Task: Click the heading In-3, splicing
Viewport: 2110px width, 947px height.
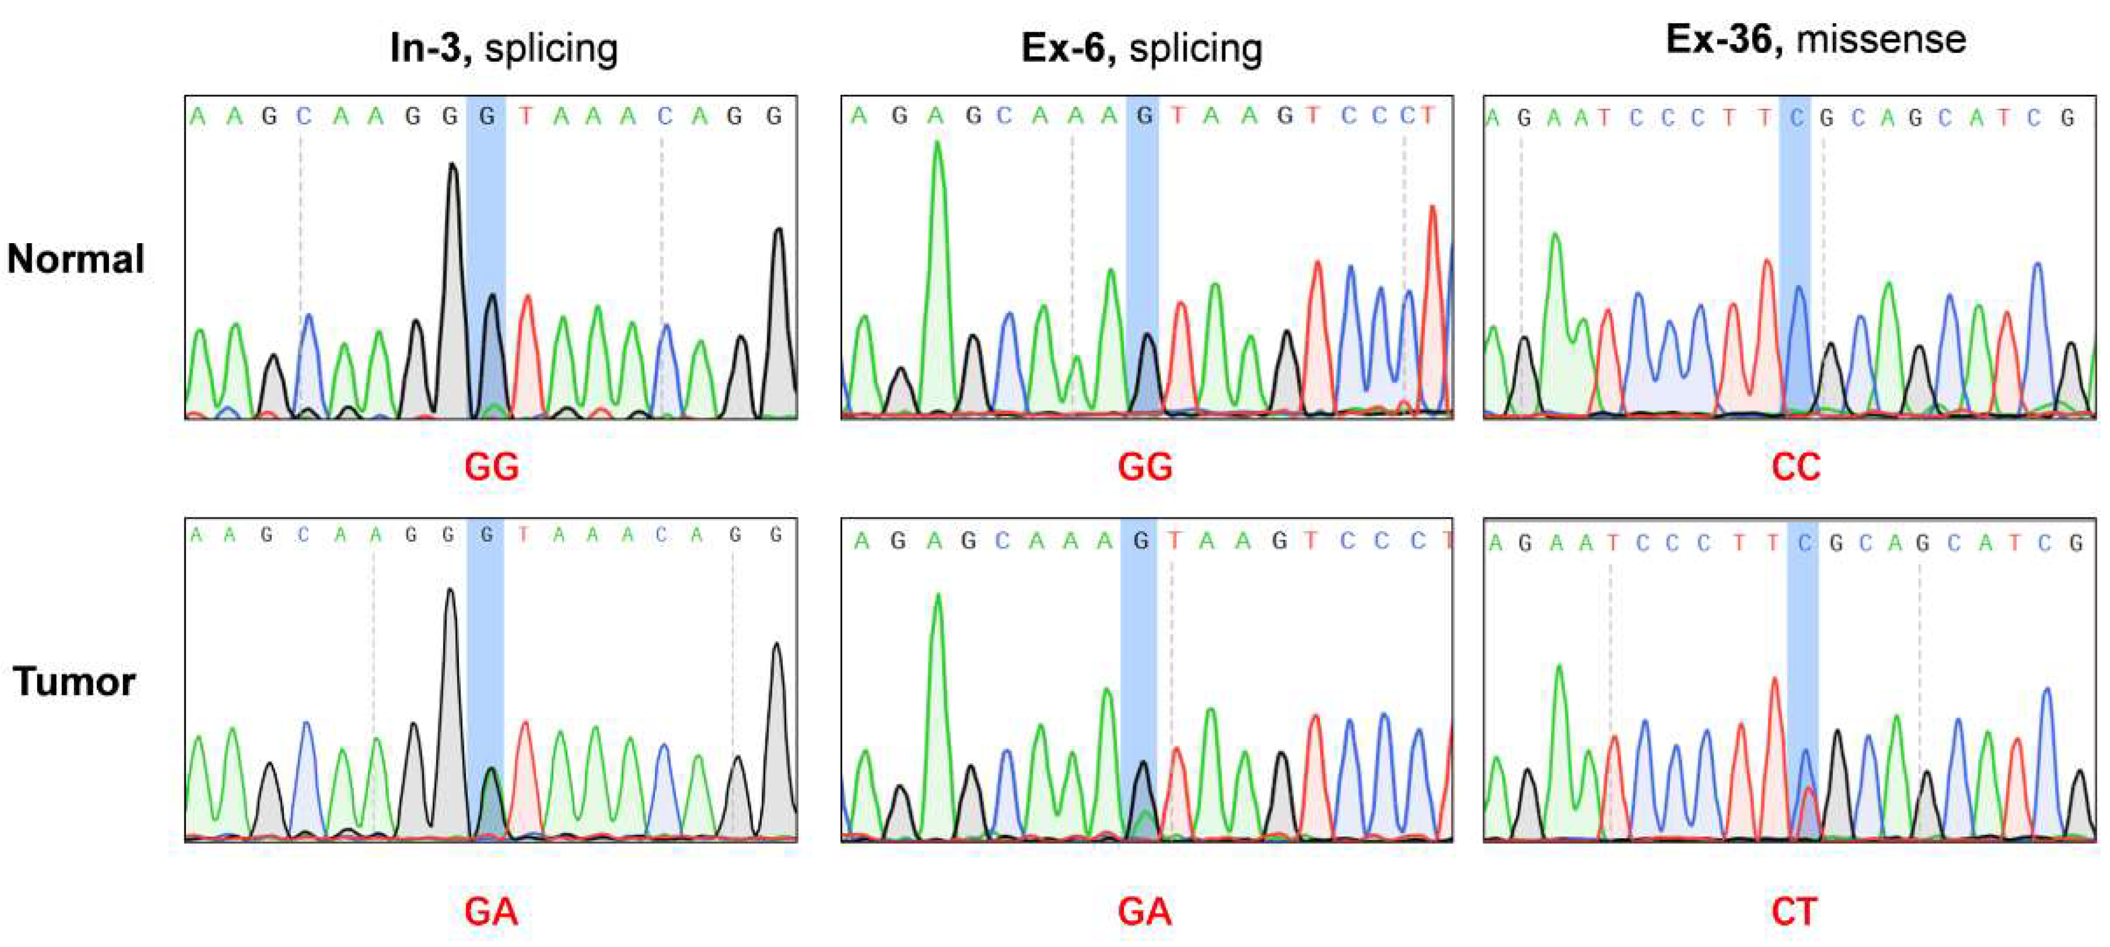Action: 503,48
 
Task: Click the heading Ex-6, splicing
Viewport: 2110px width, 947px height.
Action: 1141,48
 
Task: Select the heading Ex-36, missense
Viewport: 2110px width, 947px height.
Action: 1815,39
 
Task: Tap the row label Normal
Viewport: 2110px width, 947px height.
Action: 76,259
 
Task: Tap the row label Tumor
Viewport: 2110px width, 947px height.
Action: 74,681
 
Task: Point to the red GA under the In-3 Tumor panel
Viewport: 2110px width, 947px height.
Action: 492,911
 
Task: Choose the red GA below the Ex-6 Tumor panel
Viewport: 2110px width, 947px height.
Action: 1144,911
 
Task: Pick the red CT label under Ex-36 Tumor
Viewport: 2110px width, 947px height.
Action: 1794,911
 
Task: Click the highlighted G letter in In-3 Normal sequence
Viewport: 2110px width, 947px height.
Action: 487,116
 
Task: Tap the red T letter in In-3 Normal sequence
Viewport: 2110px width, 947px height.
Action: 525,116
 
